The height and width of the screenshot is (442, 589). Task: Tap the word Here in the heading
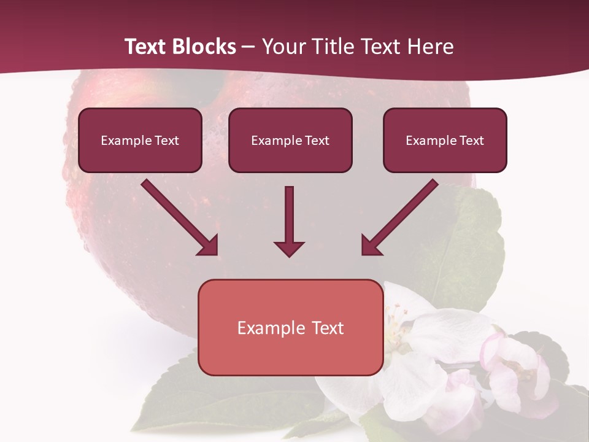429,47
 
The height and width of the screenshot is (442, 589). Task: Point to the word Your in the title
284,47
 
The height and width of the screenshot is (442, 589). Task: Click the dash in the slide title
249,47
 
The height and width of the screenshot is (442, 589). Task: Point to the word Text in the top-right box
472,141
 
